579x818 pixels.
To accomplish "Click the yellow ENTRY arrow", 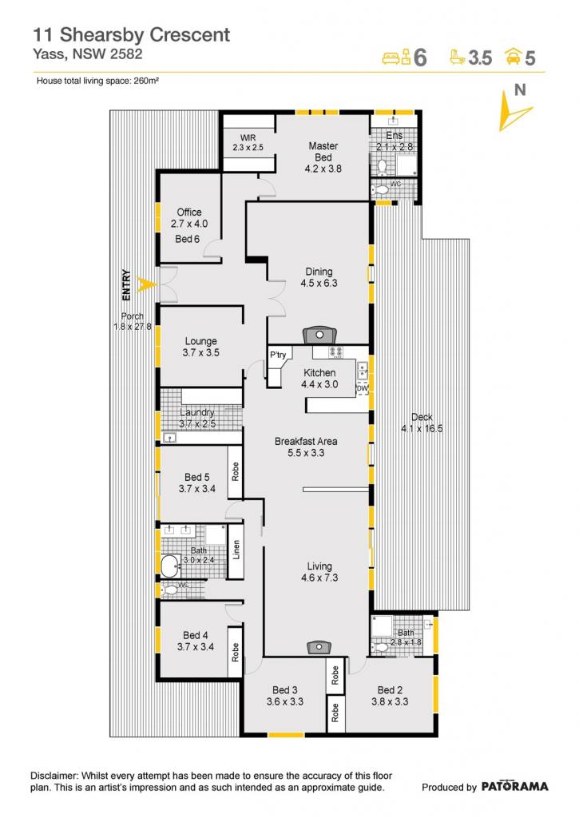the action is [146, 285].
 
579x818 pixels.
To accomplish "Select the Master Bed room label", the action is [323, 151].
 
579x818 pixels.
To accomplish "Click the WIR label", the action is [248, 137].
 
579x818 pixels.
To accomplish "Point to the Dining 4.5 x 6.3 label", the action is [319, 277].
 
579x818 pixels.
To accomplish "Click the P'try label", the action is [278, 355].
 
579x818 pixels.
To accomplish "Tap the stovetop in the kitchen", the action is [335, 352].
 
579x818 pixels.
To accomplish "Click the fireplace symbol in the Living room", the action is [319, 647].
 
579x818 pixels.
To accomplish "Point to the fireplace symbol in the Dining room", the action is [319, 335].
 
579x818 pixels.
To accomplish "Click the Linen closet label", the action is [236, 550].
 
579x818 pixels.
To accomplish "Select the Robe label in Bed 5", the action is [236, 471].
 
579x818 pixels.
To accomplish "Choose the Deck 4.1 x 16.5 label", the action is [422, 423].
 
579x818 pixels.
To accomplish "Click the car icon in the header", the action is [514, 56].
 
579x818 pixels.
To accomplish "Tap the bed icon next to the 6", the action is [398, 57].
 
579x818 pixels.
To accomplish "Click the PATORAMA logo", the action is [514, 786].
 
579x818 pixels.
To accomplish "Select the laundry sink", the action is [169, 437].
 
